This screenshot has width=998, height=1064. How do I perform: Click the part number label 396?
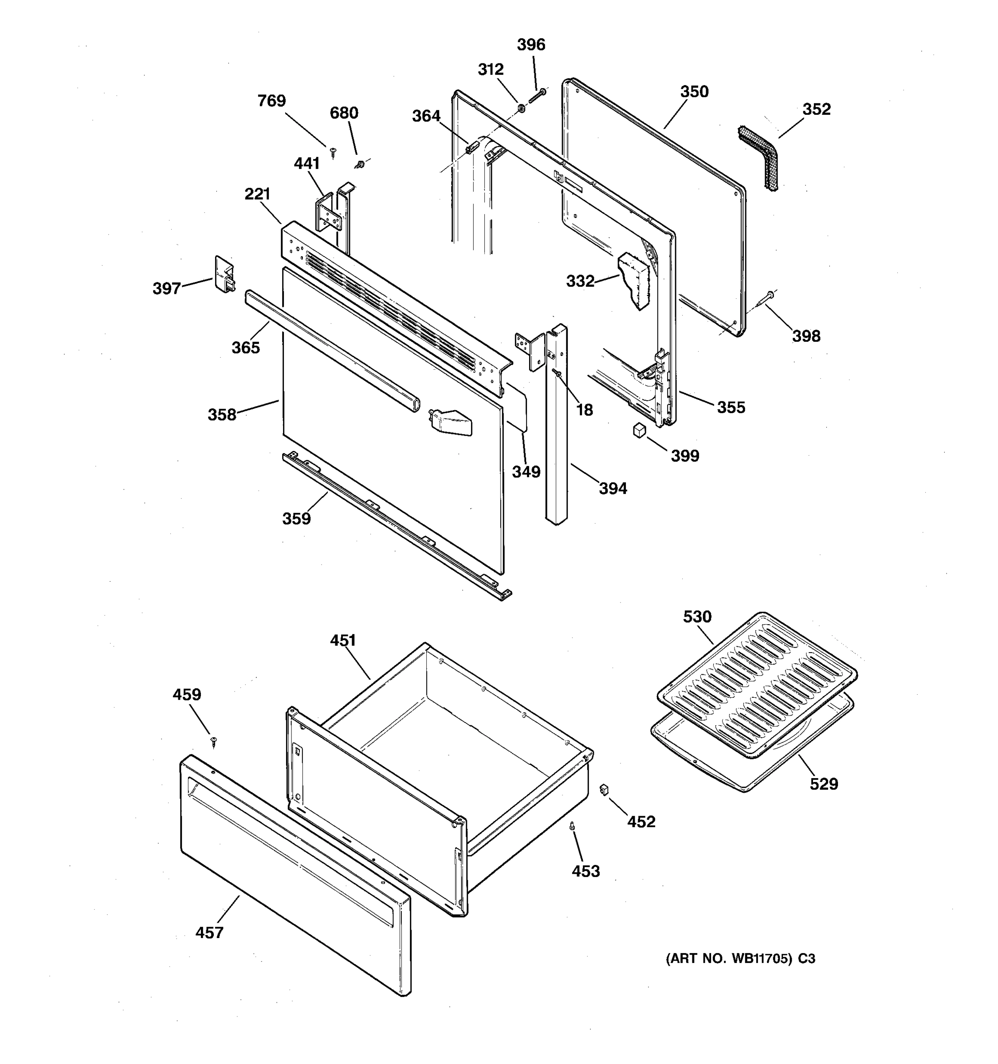530,45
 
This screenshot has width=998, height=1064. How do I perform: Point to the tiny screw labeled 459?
214,741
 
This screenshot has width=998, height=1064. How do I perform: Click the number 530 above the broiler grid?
697,617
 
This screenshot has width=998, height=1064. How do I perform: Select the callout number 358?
222,415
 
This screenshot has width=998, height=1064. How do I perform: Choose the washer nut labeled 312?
520,109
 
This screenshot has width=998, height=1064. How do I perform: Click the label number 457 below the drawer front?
209,933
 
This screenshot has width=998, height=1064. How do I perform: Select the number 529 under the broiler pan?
823,784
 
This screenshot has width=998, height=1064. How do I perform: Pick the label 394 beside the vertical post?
613,488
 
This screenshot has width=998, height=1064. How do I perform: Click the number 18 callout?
584,410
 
